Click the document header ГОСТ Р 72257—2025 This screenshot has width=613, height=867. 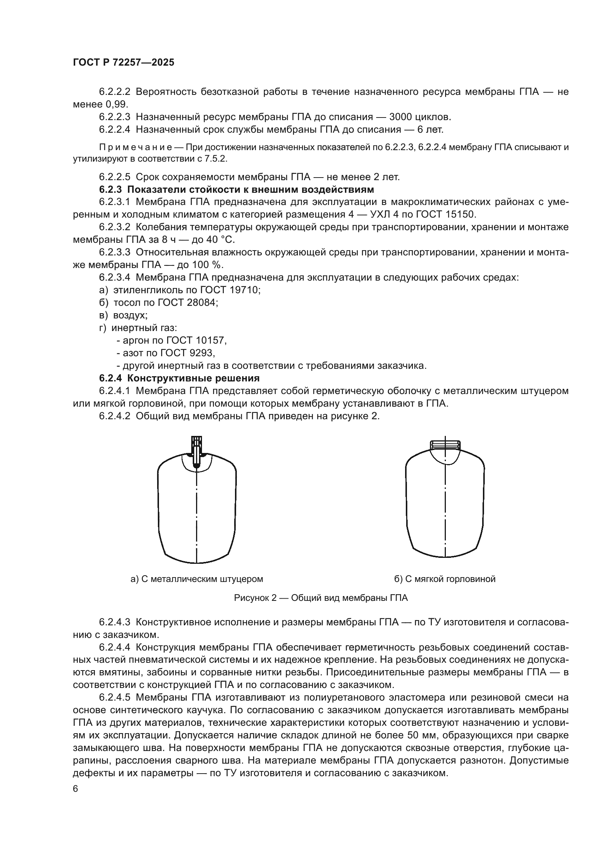pyautogui.click(x=123, y=63)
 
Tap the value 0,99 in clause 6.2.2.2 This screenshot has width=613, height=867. pyautogui.click(x=117, y=104)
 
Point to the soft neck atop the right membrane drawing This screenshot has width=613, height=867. pyautogui.click(x=445, y=445)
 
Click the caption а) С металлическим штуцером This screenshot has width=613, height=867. pyautogui.click(x=197, y=579)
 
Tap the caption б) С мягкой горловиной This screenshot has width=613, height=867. pyautogui.click(x=445, y=579)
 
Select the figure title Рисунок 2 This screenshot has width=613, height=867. pyautogui.click(x=321, y=598)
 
